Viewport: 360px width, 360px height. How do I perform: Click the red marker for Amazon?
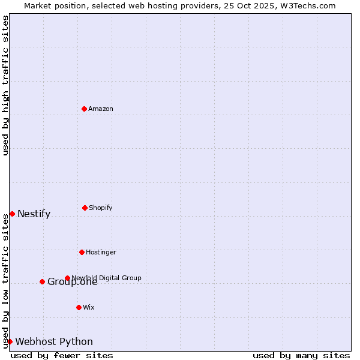coord(84,109)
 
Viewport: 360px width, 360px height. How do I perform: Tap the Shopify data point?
coord(85,208)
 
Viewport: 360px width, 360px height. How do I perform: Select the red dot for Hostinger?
coord(82,252)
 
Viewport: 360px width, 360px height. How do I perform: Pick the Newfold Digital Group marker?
coord(67,278)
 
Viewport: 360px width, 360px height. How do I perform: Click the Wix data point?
coord(79,307)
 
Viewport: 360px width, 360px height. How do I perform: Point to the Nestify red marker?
coord(12,214)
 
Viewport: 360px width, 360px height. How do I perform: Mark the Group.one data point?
coord(42,281)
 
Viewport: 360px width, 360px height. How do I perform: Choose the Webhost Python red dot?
coord(10,341)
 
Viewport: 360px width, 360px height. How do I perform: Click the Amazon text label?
coord(101,109)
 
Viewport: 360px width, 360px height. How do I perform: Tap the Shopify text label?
coord(101,208)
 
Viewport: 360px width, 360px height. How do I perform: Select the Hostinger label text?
coord(101,252)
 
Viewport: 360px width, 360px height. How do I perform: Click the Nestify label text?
coord(34,214)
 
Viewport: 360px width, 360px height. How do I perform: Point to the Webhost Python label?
coord(54,342)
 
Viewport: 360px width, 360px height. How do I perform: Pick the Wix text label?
coord(89,307)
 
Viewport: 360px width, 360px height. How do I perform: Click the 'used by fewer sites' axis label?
coord(62,355)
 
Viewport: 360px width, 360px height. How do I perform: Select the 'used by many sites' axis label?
coord(301,355)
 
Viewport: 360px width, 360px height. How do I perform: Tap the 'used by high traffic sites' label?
coord(5,85)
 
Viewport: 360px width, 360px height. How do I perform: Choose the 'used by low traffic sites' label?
coord(5,280)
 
